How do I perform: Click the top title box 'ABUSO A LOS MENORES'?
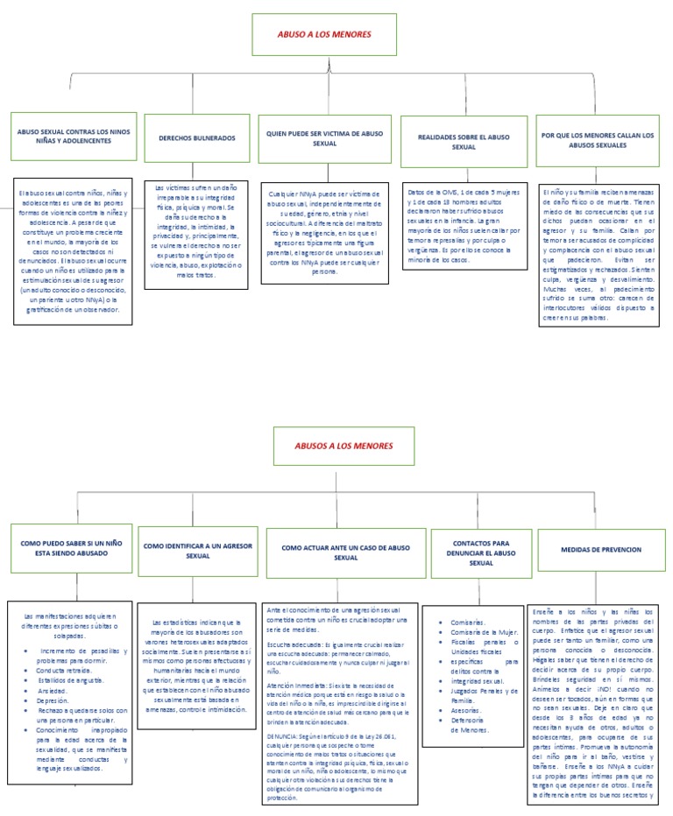pos(323,34)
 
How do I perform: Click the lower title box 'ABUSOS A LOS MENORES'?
pos(343,446)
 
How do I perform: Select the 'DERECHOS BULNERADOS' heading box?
pos(197,138)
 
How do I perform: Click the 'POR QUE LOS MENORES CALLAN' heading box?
pos(598,141)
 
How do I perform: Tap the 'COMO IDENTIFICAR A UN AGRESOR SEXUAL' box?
pos(198,551)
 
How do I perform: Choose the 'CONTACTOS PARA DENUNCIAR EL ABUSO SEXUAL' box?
pos(481,553)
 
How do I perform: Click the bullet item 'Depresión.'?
pos(53,701)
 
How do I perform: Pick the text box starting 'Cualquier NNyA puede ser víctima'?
pos(323,232)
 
